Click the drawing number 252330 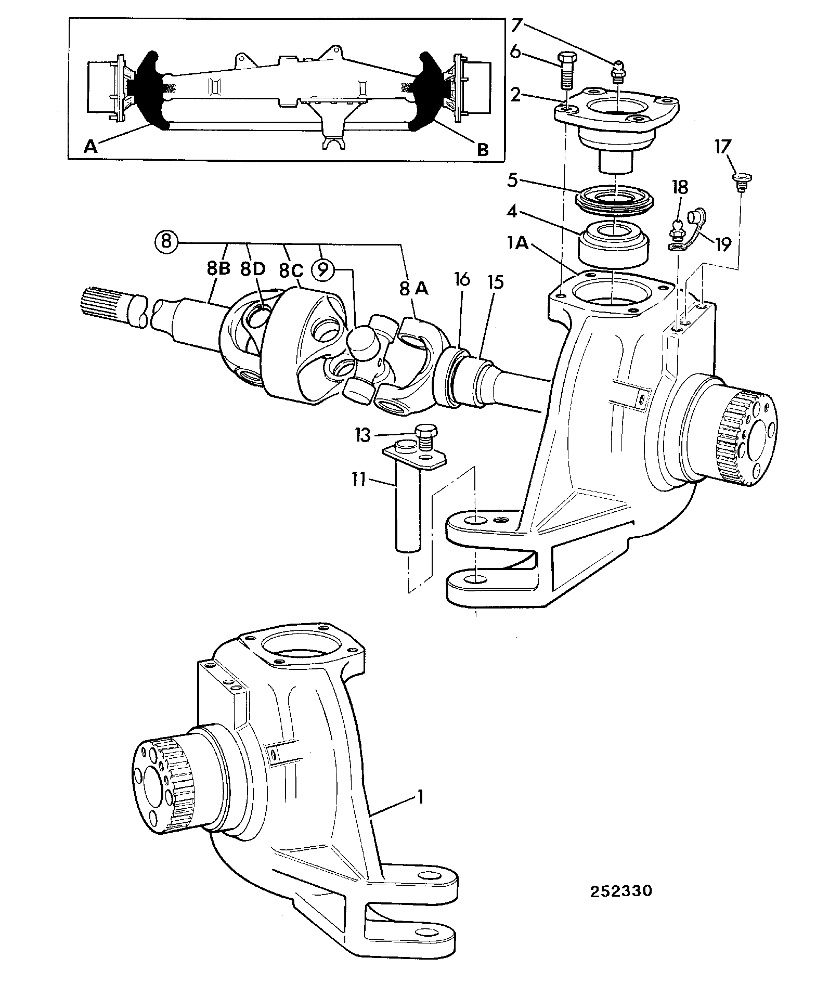tap(620, 862)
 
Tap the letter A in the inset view tap(90, 148)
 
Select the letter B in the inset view tap(483, 150)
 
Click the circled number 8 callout tap(166, 242)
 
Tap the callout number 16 tap(461, 280)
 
